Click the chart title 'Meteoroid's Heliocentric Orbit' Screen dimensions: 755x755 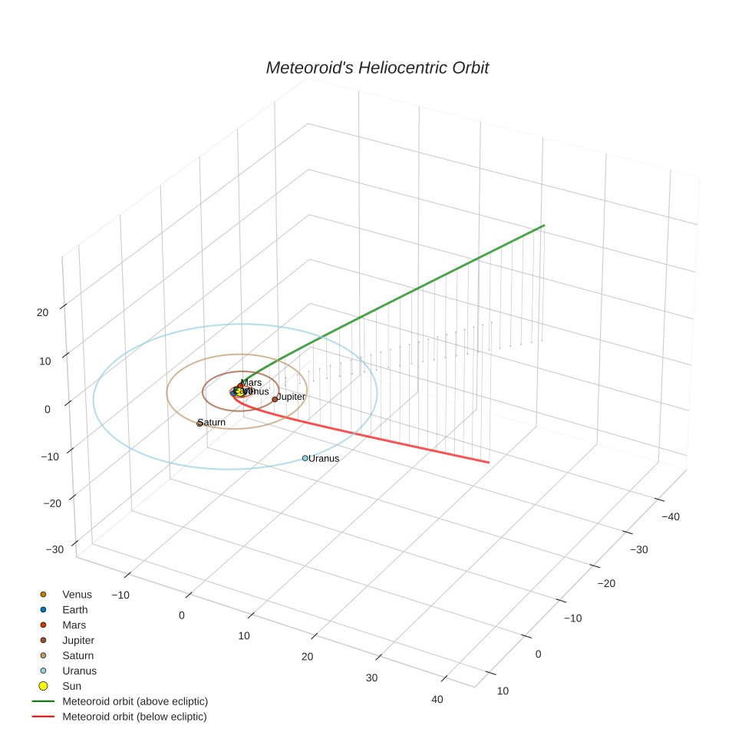tap(377, 68)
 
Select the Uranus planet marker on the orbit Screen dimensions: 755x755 tap(305, 458)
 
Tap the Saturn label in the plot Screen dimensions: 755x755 tap(212, 422)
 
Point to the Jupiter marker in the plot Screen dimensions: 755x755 tap(275, 399)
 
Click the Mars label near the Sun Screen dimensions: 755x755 tap(251, 382)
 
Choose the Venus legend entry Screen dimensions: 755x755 tap(77, 594)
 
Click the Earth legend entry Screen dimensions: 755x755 tap(75, 609)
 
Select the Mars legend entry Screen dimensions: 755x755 tap(74, 625)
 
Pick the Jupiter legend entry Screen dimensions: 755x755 tap(78, 640)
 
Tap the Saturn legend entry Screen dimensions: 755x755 tap(78, 655)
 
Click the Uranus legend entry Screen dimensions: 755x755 tap(79, 671)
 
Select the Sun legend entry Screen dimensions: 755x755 tap(71, 686)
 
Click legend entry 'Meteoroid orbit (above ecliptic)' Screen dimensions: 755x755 tap(135, 701)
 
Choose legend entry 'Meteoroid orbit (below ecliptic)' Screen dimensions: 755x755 tap(134, 717)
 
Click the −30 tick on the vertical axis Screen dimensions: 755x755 tap(54, 549)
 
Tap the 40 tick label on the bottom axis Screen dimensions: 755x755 tap(437, 699)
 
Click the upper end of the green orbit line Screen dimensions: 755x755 tap(544, 226)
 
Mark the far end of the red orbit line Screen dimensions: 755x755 tap(489, 462)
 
